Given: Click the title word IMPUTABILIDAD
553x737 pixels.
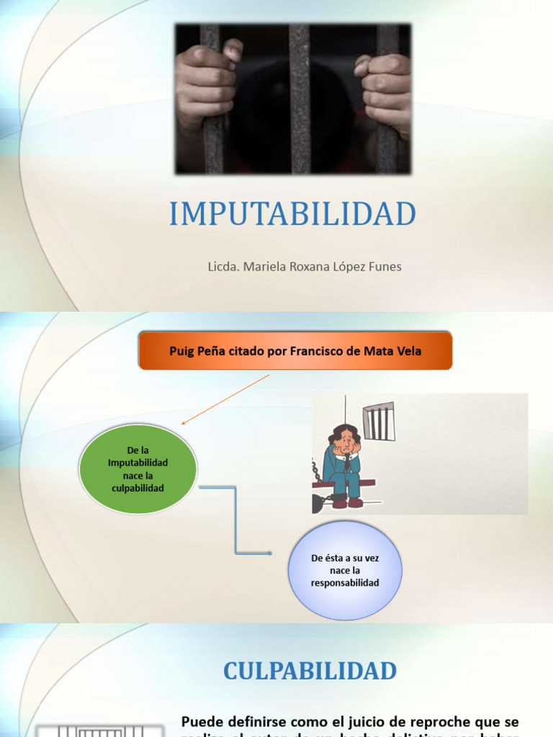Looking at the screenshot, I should coord(292,214).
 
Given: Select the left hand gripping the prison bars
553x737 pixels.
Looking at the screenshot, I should coord(206,86).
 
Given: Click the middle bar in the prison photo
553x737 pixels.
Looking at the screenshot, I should coord(299,99).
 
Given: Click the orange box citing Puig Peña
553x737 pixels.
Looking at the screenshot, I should coord(295,351).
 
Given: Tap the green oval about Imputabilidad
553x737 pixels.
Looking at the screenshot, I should coord(138,469).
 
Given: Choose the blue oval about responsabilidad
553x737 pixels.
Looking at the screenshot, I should coord(345,570).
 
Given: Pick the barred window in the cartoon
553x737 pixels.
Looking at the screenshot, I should coord(379,422).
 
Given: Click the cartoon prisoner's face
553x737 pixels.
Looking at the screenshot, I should coord(346,440).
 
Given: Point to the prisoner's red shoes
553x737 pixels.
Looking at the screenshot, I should coord(347,503).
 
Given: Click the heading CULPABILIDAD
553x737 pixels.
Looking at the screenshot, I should coord(310,671).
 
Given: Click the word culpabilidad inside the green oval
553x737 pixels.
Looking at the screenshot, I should coord(138,488).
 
